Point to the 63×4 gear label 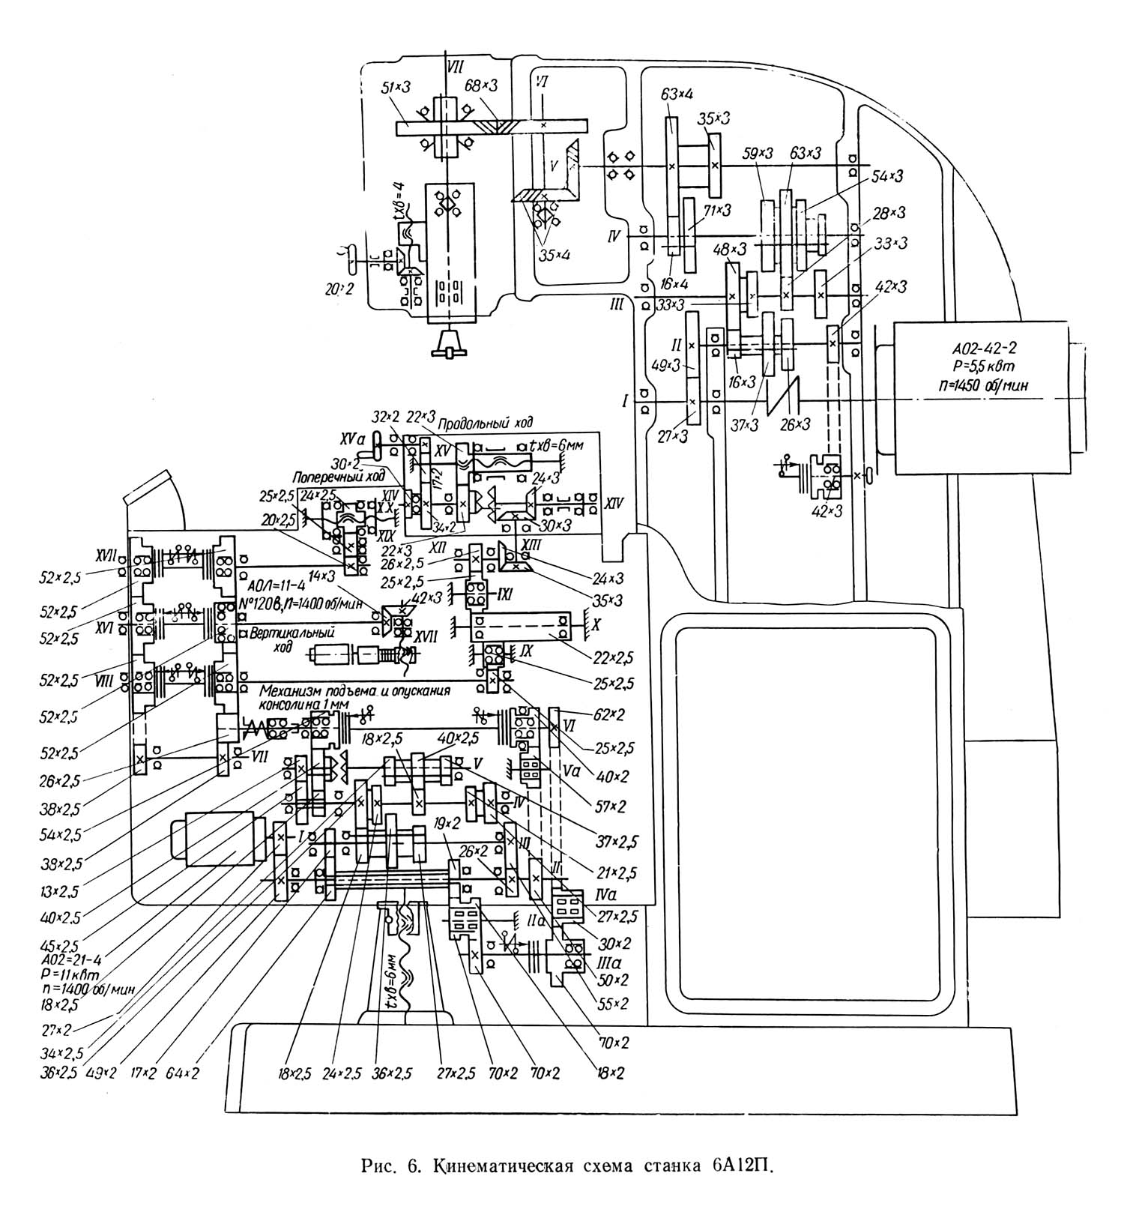click(677, 94)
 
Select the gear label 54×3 click(887, 176)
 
